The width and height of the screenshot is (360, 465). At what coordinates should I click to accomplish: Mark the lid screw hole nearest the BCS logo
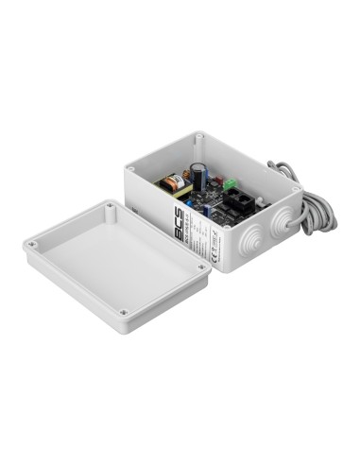pos(110,204)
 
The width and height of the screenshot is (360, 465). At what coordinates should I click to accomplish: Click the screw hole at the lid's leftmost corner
pos(32,246)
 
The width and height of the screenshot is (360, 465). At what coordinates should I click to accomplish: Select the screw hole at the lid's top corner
pos(201,267)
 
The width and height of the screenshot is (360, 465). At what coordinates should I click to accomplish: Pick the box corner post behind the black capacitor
pos(198,140)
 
